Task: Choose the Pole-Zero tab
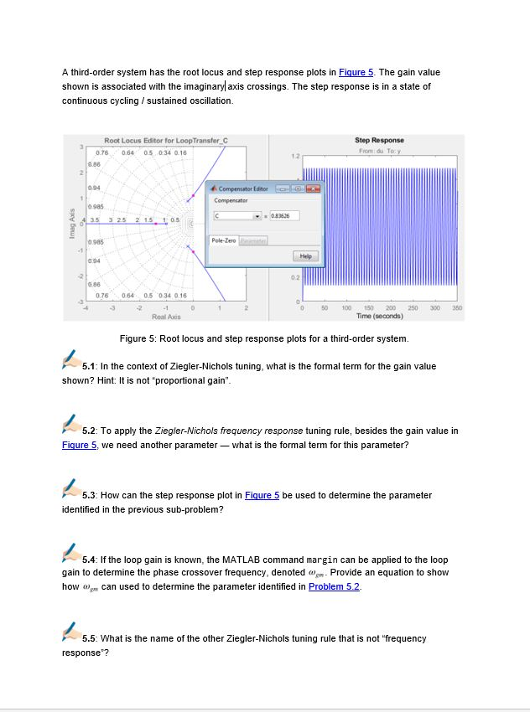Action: pyautogui.click(x=222, y=240)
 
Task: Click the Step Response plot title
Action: pyautogui.click(x=379, y=140)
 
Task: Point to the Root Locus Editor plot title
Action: pyautogui.click(x=166, y=140)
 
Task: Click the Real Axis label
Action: pyautogui.click(x=166, y=317)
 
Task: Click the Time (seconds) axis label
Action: pyautogui.click(x=379, y=316)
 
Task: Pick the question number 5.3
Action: pyautogui.click(x=93, y=495)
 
